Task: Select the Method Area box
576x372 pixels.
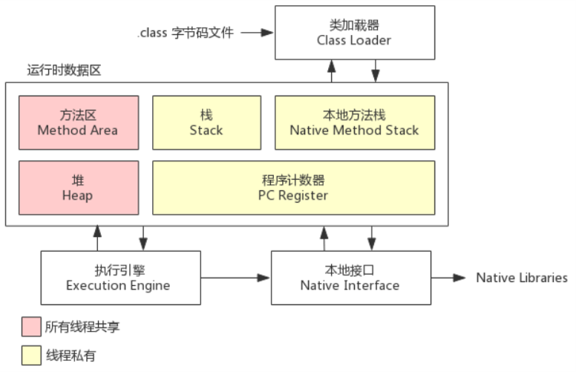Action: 78,123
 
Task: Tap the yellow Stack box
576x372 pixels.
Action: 206,123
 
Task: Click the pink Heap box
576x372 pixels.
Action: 78,188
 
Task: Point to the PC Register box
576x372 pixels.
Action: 292,188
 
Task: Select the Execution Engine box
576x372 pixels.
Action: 119,278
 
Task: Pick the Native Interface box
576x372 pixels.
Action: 350,278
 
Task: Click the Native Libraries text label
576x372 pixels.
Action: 522,278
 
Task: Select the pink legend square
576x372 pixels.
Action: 31,326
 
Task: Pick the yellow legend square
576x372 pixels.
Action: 31,356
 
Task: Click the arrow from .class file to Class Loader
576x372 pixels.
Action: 256,33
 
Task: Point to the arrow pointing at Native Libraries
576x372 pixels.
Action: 450,278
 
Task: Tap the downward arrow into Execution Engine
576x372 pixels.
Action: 144,240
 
